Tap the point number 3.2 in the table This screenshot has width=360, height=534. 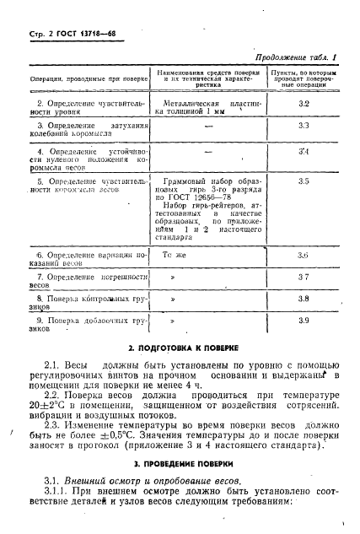tap(304, 103)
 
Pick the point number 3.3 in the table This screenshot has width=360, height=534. tap(304, 125)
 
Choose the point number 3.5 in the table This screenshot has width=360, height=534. tap(304, 181)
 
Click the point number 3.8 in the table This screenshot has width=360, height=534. tap(304, 299)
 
